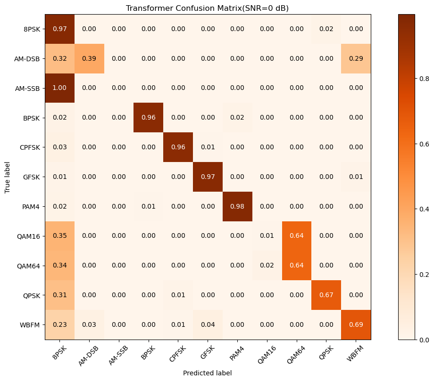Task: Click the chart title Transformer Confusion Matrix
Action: coord(207,8)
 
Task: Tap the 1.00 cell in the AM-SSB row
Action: coord(59,88)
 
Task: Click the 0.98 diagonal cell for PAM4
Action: coord(237,206)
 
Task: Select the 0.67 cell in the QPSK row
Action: coord(326,295)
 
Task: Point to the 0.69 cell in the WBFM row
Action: coord(356,325)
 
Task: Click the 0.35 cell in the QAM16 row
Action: coord(59,236)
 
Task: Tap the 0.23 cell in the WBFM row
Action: coord(59,325)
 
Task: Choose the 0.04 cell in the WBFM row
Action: coord(208,325)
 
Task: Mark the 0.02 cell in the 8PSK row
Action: coord(326,29)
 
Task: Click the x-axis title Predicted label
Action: coord(208,373)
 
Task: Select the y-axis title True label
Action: coord(8,177)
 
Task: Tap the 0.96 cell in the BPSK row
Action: coord(149,118)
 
